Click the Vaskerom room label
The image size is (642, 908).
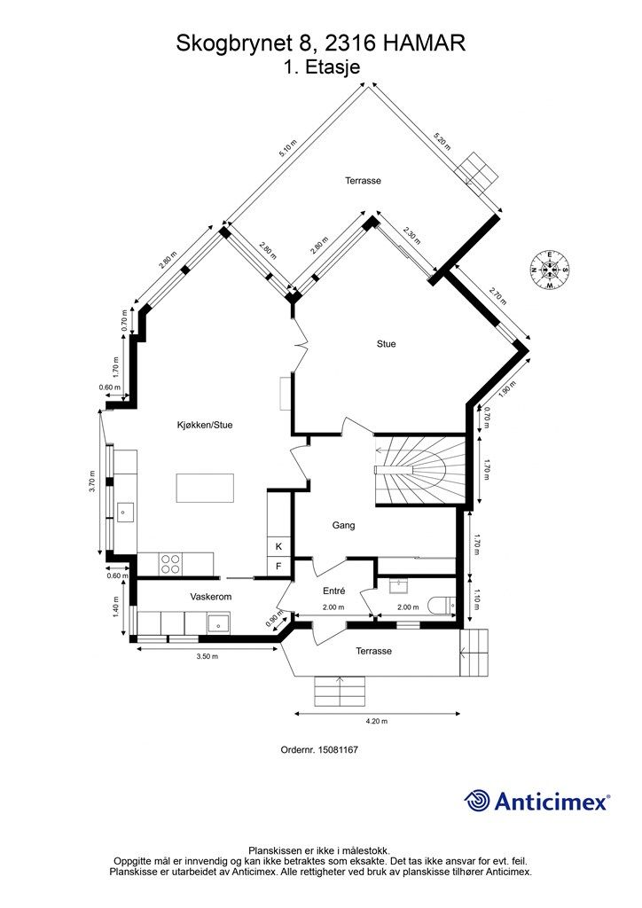pyautogui.click(x=211, y=597)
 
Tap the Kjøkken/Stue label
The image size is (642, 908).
pyautogui.click(x=205, y=425)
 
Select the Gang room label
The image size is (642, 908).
pyautogui.click(x=343, y=525)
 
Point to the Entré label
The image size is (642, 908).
pyautogui.click(x=334, y=591)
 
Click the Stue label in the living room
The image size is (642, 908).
pyautogui.click(x=386, y=344)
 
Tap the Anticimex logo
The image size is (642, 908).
pyautogui.click(x=537, y=802)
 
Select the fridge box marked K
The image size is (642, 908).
pyautogui.click(x=278, y=546)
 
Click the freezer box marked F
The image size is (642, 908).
pyautogui.click(x=278, y=566)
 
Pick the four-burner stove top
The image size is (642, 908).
pyautogui.click(x=170, y=564)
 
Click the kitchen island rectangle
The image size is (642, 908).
pyautogui.click(x=206, y=489)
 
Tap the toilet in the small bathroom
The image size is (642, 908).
pyautogui.click(x=442, y=605)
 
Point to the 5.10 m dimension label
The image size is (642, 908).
pyautogui.click(x=287, y=149)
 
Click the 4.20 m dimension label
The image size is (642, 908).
pyautogui.click(x=376, y=722)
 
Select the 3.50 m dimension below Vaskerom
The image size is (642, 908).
pyautogui.click(x=207, y=657)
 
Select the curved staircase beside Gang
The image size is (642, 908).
pyautogui.click(x=420, y=471)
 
